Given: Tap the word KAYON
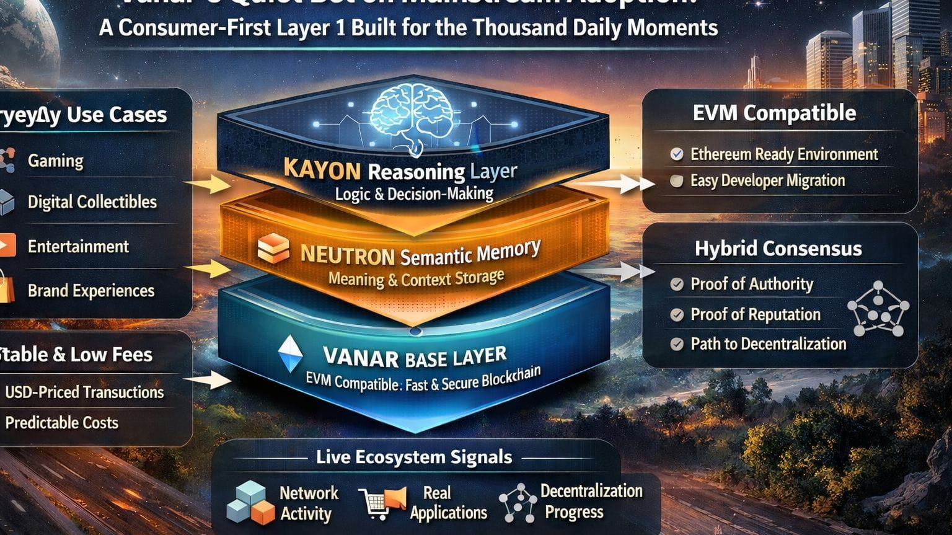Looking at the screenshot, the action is coord(322,169).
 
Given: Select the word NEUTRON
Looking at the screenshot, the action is coord(347,255).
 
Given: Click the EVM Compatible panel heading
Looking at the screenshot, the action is coord(774,113).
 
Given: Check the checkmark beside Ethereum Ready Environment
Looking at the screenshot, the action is coord(677,154).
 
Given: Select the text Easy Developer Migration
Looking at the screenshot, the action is coord(767,181).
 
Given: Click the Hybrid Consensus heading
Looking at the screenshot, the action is coord(778,249).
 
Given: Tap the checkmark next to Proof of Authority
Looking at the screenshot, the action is coord(677,285).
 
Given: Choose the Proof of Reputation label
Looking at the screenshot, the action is coord(755,315).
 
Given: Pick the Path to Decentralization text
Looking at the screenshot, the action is coord(768,344).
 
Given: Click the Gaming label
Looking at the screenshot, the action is coord(55,161).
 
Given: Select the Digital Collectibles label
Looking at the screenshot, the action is coord(92,202).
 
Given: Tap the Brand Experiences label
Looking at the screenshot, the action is coord(90,291).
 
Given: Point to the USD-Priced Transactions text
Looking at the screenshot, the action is coord(84,392).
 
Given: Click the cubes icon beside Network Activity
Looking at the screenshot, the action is coord(250,502).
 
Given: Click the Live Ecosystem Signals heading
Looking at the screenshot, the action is coord(414,458).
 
